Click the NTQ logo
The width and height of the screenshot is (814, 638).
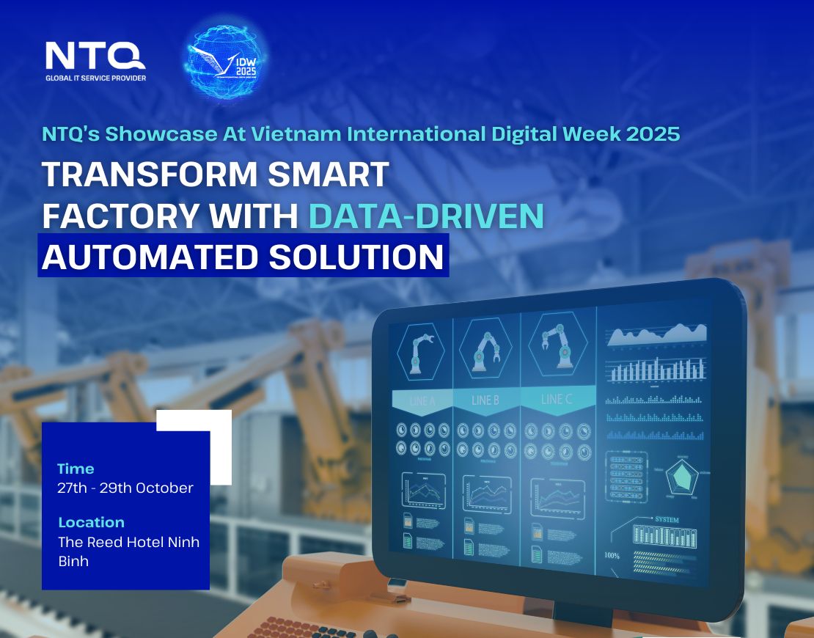(x=95, y=56)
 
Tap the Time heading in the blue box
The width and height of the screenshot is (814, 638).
(x=76, y=469)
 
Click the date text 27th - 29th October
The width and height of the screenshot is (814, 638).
(x=125, y=488)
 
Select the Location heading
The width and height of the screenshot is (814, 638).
(x=91, y=522)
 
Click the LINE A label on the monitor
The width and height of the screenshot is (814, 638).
(x=422, y=401)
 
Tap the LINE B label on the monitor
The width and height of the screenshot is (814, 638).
(x=485, y=400)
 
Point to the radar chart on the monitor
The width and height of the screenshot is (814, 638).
(x=681, y=478)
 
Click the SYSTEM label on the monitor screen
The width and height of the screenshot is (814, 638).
(x=667, y=520)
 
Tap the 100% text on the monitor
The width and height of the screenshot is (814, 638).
(x=612, y=555)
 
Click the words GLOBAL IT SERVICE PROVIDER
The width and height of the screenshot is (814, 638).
(x=95, y=78)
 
